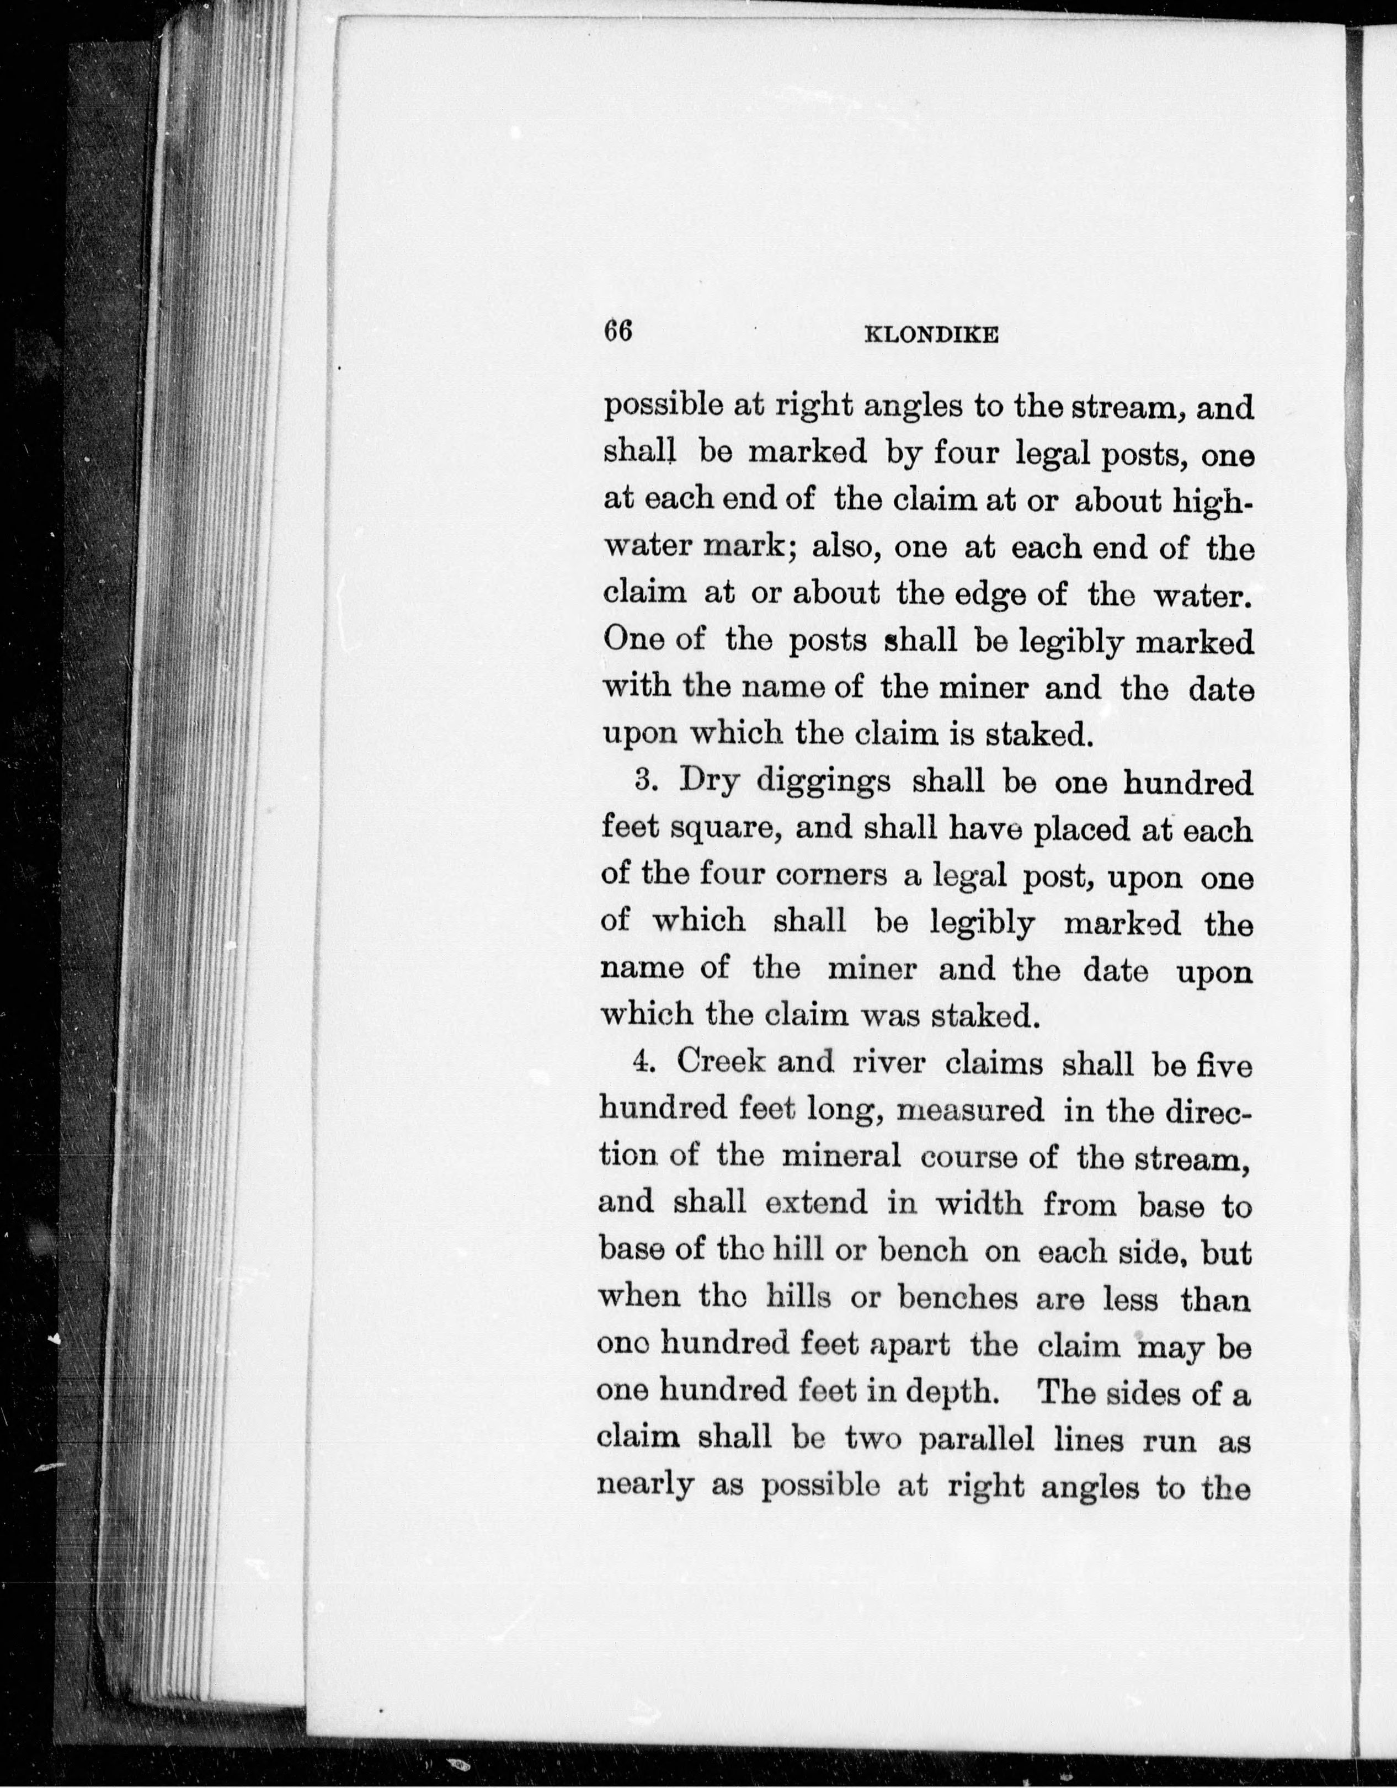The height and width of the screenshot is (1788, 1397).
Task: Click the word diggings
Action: click(x=823, y=784)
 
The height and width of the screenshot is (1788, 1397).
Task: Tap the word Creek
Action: click(x=721, y=1063)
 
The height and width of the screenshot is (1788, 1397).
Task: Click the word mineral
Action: click(x=841, y=1157)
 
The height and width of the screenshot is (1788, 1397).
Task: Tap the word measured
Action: click(x=971, y=1110)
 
